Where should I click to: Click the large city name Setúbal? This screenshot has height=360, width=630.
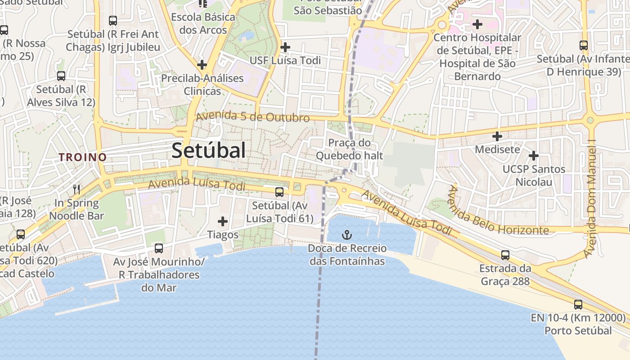208,150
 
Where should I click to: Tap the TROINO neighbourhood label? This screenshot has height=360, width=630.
83,157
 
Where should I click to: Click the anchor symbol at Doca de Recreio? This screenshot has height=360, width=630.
346,234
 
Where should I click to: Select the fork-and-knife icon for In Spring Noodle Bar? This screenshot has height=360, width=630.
76,189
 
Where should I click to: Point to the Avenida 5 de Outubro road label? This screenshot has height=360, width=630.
253,117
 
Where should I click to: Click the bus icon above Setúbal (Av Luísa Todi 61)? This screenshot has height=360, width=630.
279,192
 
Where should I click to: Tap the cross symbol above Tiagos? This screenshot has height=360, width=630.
223,221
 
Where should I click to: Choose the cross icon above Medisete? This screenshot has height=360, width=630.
497,136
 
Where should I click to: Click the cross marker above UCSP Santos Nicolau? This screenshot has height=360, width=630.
534,156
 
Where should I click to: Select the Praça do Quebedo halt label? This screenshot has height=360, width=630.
349,149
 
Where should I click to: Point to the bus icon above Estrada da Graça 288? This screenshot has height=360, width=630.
505,255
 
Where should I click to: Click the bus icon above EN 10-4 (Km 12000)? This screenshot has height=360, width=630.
578,305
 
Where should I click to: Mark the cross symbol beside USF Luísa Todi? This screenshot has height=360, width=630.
285,47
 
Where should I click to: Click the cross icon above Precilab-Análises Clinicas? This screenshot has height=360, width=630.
202,65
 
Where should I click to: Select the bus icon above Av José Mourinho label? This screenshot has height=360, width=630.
159,248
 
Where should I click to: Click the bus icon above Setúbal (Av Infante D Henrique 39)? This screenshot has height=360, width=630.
584,45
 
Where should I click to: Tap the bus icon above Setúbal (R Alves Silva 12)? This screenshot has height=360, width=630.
61,76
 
